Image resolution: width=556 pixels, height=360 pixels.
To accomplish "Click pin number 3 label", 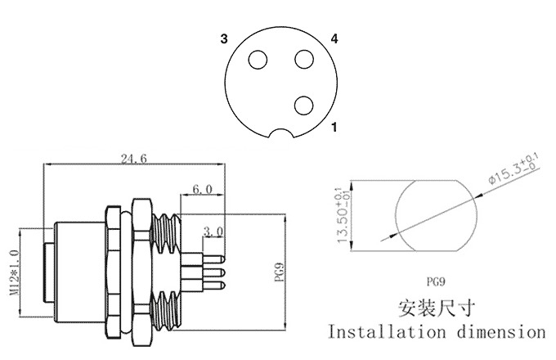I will [x=223, y=39].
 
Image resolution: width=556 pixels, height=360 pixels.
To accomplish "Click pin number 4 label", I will [x=334, y=38].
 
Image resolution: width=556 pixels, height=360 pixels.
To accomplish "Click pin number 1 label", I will [x=334, y=128].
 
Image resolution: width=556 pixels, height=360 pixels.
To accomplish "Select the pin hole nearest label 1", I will [x=304, y=105].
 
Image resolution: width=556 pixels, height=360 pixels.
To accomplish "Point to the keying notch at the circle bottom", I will [x=282, y=133].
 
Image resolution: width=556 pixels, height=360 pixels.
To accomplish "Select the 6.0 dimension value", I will [x=201, y=189].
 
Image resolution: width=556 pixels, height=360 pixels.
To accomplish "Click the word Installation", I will [x=384, y=332].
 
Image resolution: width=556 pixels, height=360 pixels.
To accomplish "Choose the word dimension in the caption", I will [x=500, y=332].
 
